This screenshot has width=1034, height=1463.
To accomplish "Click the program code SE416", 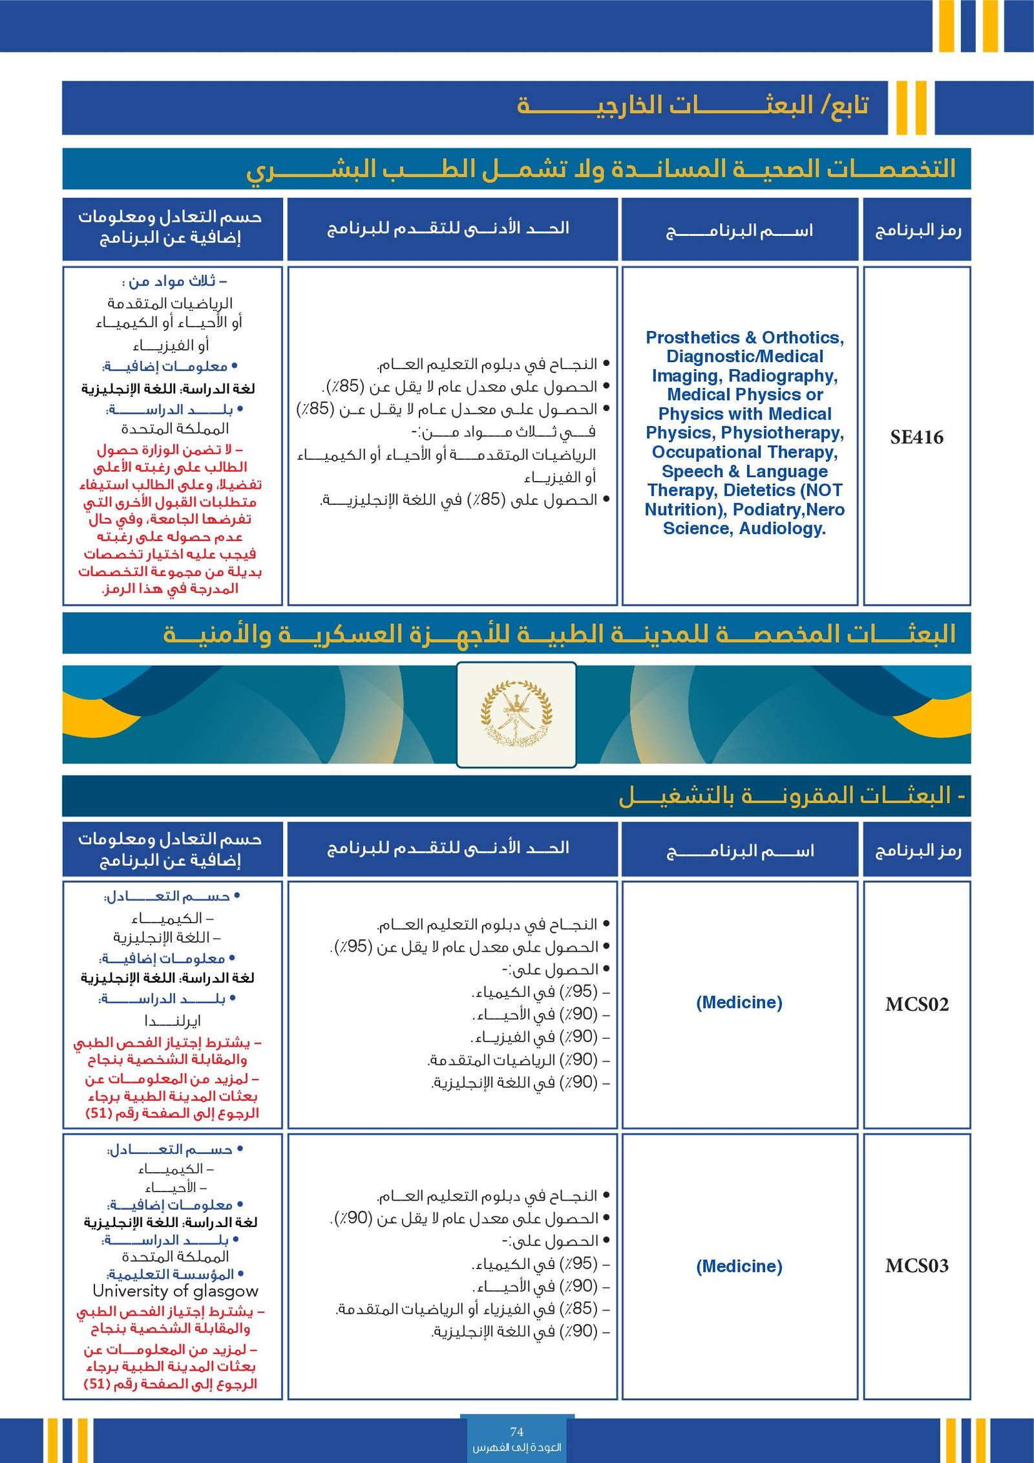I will pos(916,438).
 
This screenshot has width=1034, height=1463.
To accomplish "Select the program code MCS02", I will pos(916,1004).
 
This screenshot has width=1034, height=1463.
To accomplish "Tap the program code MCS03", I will pos(916,1265).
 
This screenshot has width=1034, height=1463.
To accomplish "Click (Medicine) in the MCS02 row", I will pos(739,1002).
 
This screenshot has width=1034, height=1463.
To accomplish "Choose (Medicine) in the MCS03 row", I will pos(739,1266).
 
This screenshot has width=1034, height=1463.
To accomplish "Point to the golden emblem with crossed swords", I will pos(516,714).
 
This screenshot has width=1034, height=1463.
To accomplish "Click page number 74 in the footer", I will pos(516,1431).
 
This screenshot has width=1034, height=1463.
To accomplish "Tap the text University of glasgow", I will pos(175,1291).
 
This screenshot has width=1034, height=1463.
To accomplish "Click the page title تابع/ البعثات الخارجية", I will pos(692,105).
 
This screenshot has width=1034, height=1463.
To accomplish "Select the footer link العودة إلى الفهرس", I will pos(516,1447).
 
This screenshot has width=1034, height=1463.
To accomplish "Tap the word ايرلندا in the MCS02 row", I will pos(172,1021).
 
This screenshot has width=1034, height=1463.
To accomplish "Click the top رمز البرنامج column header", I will pos(917,230).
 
